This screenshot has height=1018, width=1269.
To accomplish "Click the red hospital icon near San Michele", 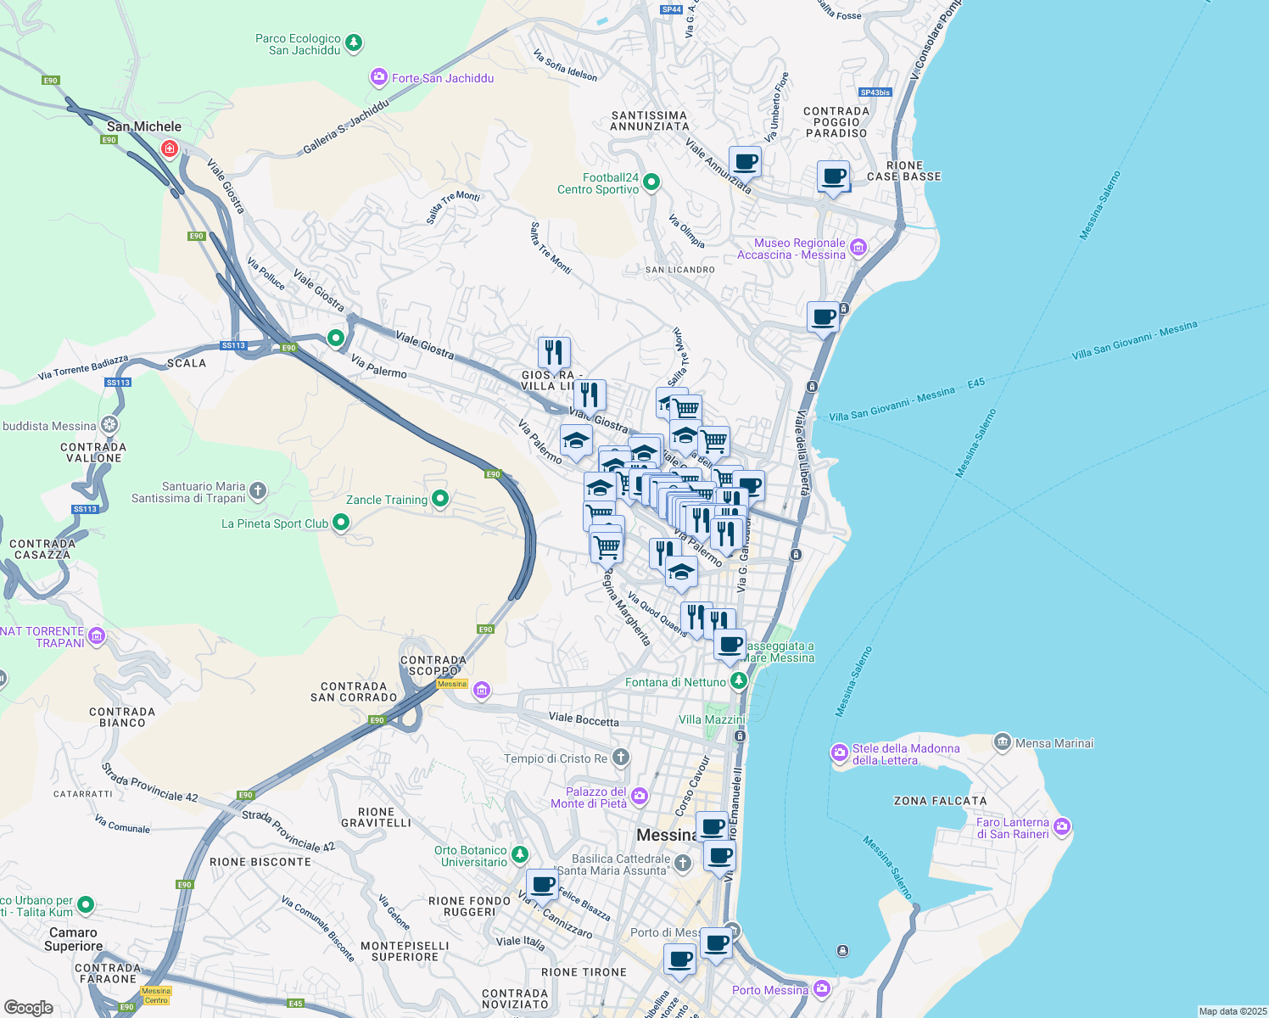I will pos(170,149).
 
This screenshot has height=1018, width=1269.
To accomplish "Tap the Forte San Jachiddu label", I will pos(442,78).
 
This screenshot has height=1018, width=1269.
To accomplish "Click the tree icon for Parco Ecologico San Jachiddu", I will pos(354,42).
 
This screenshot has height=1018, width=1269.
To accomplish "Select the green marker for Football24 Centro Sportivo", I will pos(651,182).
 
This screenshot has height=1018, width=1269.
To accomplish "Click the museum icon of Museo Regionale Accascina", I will pos(858,247).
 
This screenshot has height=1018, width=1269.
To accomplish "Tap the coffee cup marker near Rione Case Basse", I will pos(833,176).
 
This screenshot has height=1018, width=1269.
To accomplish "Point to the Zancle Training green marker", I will pos(439,499).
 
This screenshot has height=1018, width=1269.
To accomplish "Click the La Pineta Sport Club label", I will pos(274,523).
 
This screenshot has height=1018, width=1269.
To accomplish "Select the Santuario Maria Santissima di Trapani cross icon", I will pos(258,490).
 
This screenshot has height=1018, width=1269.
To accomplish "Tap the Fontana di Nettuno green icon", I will pos(739,680).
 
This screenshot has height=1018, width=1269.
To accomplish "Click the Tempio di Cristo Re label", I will pos(556,758).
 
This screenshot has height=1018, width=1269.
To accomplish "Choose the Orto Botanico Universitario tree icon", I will pos(519,854).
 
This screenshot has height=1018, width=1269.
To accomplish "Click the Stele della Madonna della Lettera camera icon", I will pos(839,752).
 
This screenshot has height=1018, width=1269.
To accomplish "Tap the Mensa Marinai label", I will pos(1054,743).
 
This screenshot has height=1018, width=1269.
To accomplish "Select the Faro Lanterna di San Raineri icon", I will pos(1062,826).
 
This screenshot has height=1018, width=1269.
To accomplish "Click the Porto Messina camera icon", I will pos(821,988).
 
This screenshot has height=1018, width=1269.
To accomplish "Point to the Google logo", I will pos(28,1008).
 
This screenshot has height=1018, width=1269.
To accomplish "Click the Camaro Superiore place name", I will pos(73,939).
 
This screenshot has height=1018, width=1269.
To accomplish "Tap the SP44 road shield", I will pos(671,9).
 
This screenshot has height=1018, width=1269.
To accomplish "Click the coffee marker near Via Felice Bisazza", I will pos(542,885).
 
